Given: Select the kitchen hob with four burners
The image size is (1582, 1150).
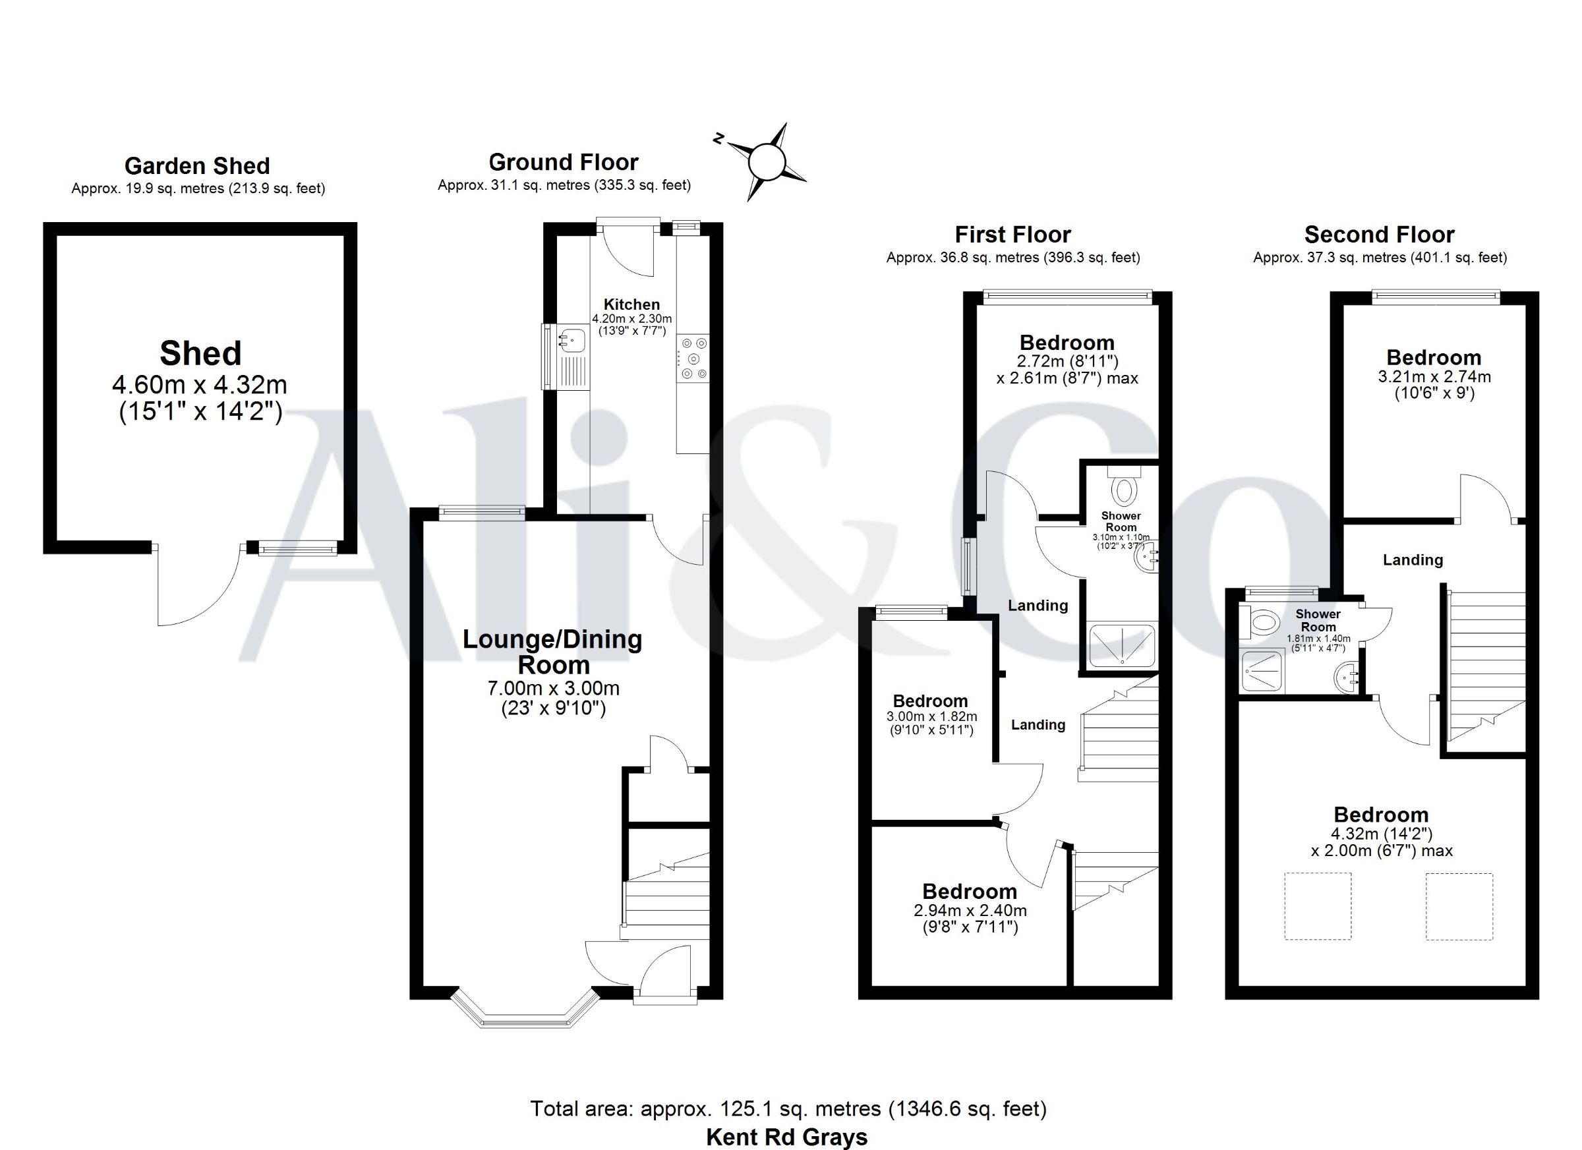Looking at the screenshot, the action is click(693, 359).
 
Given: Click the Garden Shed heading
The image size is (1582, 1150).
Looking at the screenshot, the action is click(197, 166).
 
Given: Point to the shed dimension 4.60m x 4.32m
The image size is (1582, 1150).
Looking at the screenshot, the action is click(200, 384).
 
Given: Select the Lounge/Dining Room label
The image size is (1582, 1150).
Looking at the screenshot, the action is click(553, 651).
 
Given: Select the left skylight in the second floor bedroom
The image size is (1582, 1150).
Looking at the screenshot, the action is click(1318, 906).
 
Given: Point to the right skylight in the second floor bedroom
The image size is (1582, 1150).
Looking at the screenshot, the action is click(1459, 906).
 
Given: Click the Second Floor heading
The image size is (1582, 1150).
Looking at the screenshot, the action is click(1379, 235).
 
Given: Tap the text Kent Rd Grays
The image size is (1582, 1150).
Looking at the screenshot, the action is click(787, 1137).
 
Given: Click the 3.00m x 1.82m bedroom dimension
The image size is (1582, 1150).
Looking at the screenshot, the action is click(932, 716).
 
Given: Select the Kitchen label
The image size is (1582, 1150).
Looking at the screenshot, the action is click(631, 304).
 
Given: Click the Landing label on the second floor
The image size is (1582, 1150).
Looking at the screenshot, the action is click(1413, 560).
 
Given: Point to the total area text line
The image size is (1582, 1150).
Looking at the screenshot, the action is click(788, 1109).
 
